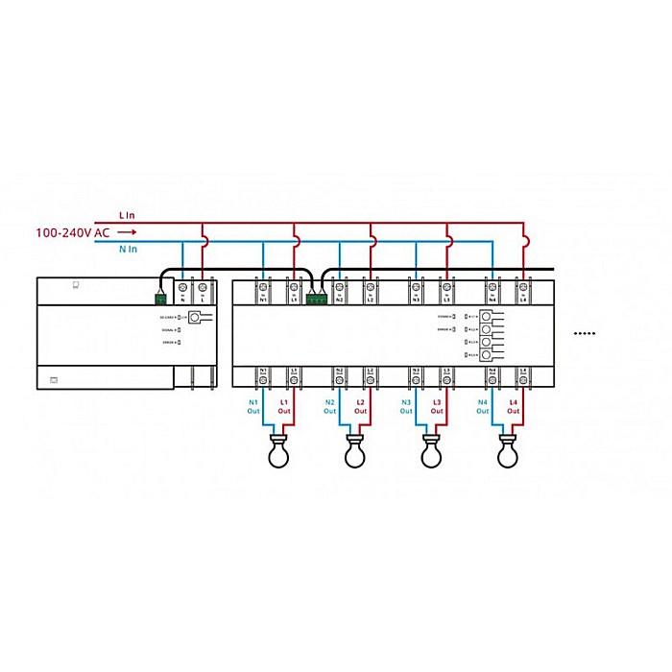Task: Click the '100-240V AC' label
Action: [72, 232]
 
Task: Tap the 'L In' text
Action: [128, 215]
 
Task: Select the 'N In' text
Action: [128, 250]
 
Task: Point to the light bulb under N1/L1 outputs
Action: [277, 451]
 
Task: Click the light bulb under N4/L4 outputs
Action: [508, 451]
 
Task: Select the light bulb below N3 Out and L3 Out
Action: [431, 451]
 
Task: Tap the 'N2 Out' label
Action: [329, 406]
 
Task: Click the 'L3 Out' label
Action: [437, 406]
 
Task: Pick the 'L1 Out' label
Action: [284, 406]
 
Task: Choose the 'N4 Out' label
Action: [483, 406]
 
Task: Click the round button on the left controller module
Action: [196, 316]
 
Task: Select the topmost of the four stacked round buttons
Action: [487, 316]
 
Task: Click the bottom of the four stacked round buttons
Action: [487, 356]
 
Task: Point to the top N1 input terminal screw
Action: [263, 286]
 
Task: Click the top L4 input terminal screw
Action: [523, 286]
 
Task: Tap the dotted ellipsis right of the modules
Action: [585, 334]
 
